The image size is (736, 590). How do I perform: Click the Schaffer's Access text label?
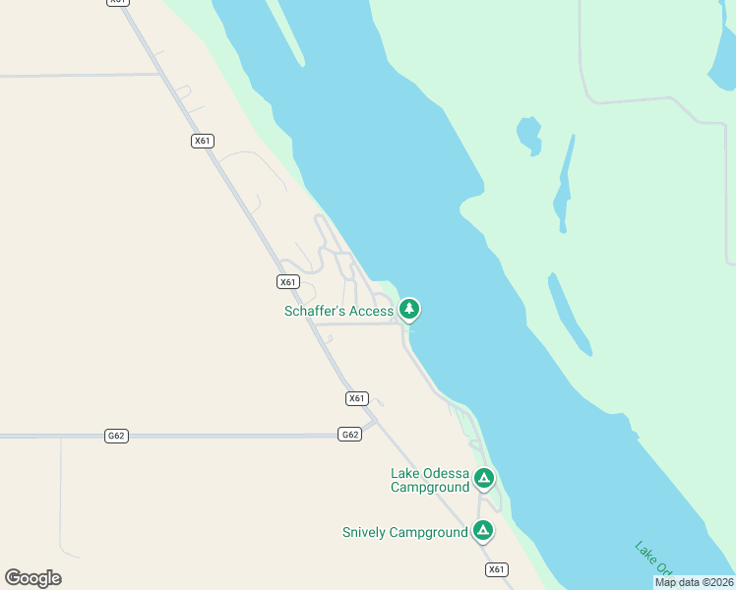pos(338,312)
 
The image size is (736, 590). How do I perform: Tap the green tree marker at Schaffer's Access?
pos(409,309)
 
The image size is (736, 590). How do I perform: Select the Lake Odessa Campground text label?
pos(430,480)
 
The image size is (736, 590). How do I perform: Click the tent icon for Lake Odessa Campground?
pos(483,478)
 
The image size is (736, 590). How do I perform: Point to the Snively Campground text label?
pos(404,533)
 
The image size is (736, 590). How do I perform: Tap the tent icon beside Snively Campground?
pos(482,530)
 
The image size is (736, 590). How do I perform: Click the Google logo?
pos(32,578)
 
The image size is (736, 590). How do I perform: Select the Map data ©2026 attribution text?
pos(694,582)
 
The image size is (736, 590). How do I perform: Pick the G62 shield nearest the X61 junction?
pos(349,435)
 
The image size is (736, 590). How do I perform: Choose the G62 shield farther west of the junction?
pos(116,435)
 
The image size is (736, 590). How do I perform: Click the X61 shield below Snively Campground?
pos(497,569)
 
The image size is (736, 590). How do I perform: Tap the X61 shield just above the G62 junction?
pos(357,398)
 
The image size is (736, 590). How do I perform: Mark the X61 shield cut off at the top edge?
pos(118,2)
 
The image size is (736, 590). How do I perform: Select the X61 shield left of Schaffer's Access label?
pos(287,282)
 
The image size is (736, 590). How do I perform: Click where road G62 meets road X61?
pos(371,425)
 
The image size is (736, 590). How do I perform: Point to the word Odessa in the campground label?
pos(447,473)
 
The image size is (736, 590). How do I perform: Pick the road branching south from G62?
pos(61,492)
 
